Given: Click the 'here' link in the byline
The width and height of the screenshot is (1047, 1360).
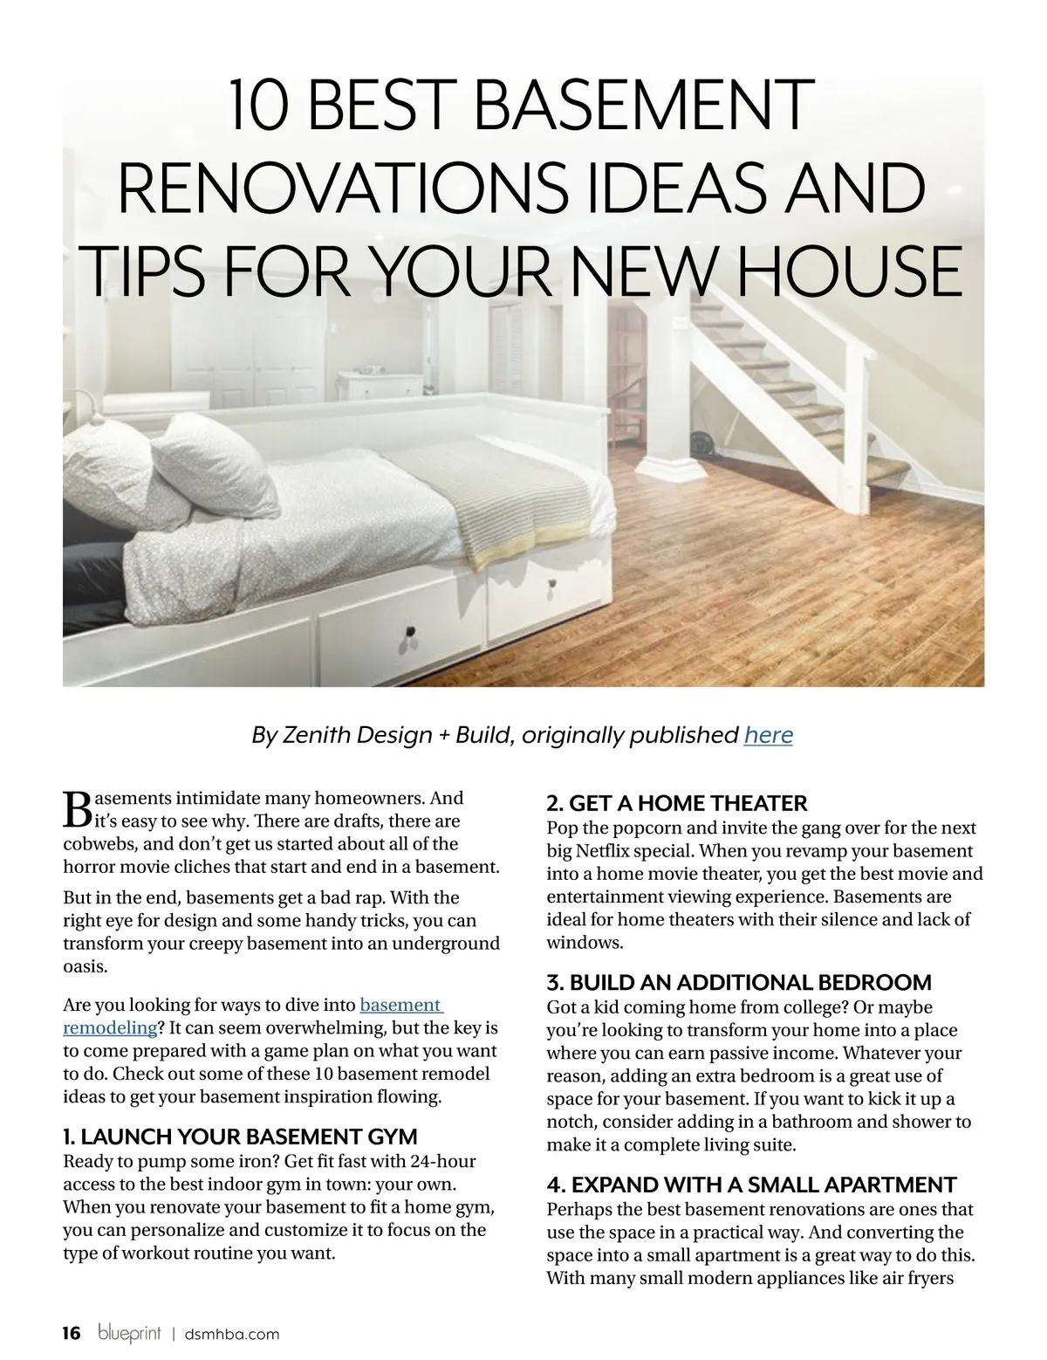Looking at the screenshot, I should point(768,735).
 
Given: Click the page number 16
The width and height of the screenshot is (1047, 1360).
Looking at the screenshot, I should point(71,1333).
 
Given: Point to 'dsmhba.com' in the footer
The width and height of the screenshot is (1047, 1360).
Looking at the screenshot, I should point(232,1334).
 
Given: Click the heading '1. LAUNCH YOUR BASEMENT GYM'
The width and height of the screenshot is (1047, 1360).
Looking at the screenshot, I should point(240,1137).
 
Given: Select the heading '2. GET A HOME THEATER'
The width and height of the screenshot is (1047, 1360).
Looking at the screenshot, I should point(676,802).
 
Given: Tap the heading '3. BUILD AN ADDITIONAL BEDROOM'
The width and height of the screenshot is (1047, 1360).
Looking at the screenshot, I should point(738,982).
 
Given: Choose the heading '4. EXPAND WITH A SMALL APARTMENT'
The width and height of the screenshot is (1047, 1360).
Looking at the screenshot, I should point(751,1185).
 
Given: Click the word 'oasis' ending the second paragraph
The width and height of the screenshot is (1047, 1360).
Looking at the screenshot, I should point(85,967).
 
